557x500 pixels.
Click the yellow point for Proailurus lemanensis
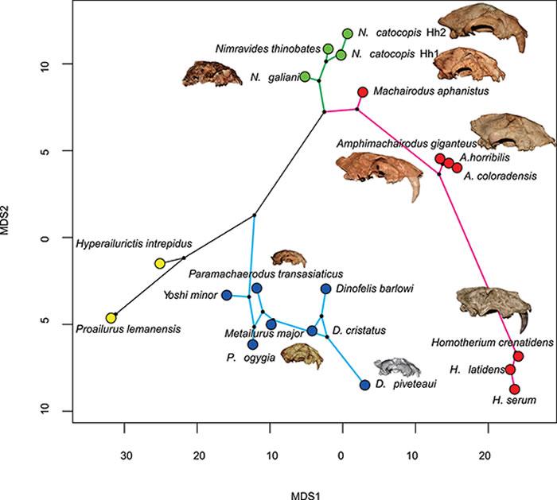111,318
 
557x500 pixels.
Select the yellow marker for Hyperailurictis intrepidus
160,263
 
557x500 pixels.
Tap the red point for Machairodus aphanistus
363,92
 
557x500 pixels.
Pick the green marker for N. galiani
305,77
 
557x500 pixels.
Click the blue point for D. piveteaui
364,385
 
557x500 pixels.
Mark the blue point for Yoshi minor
226,296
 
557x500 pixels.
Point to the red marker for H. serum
515,390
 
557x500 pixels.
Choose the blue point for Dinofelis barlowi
325,289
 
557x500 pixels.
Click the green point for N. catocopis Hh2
348,33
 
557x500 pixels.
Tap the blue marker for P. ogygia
252,345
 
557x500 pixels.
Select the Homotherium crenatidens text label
477,343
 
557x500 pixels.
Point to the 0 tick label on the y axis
45,238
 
